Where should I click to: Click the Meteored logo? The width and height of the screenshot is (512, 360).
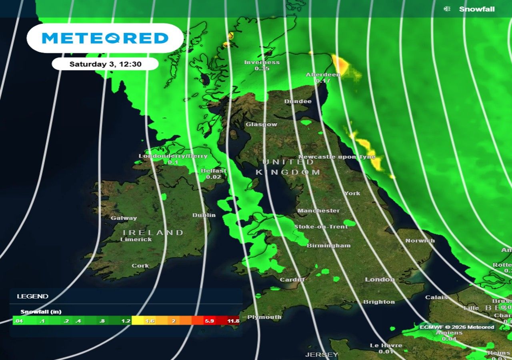coord(105,38)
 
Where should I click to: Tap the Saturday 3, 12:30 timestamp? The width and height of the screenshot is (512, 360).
coord(105,64)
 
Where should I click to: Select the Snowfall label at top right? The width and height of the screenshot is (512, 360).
coord(477,9)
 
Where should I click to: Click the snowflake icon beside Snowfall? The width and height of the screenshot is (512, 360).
coord(447,9)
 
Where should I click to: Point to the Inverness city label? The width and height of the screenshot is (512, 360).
coord(262,62)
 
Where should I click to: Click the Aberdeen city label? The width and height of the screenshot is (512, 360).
coord(323,74)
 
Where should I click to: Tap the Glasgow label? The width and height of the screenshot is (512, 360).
coord(261,124)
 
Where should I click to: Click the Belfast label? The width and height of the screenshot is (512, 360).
coord(214,171)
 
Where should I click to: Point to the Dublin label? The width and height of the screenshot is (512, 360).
coord(204,215)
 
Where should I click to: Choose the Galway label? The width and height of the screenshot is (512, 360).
coord(124,218)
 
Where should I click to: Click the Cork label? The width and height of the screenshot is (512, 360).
coord(140,266)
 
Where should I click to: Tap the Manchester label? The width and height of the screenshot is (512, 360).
coord(318,211)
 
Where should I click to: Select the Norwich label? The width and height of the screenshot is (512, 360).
coord(420,241)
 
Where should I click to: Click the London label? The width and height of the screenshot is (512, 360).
coord(380,280)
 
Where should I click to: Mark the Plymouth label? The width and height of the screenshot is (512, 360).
coord(264,317)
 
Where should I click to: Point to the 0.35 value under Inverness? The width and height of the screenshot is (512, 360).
coord(262,69)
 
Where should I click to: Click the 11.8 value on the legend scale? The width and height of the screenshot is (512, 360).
coord(233,321)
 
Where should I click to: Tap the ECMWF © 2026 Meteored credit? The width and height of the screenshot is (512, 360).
coord(457,327)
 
